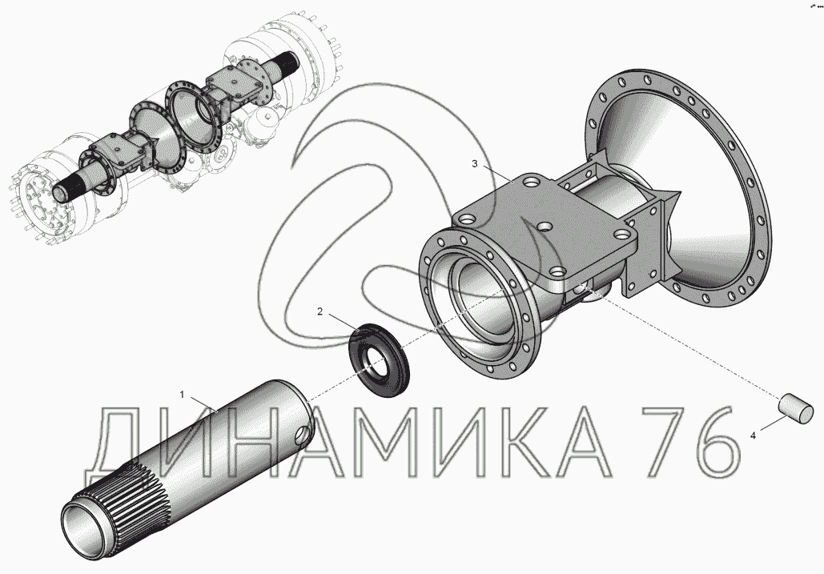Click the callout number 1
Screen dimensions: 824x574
tap(183, 395)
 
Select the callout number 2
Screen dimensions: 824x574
tap(320, 311)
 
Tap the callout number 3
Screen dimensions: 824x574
tap(475, 164)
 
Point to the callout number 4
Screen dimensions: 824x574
tap(753, 436)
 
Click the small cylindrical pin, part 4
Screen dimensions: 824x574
tap(796, 408)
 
